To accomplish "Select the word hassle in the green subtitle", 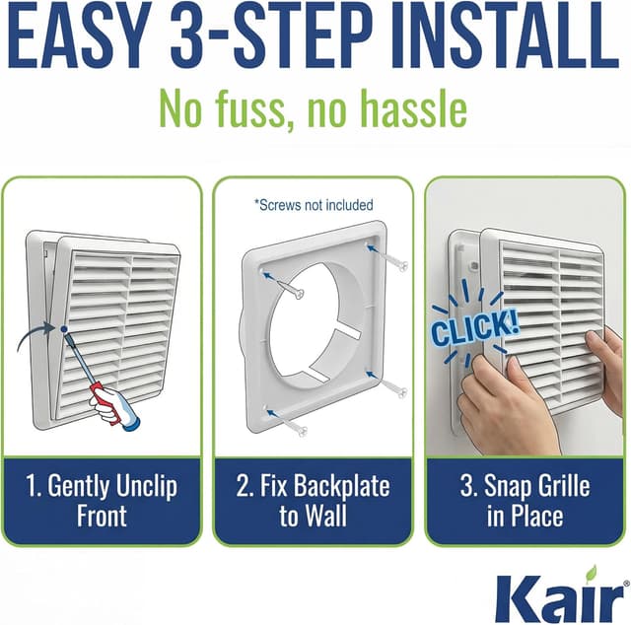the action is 413,108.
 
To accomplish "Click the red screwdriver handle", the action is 106,403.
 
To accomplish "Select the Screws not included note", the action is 314,205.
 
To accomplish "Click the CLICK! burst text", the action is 474,329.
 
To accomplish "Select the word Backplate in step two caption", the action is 341,486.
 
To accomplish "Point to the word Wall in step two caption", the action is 325,516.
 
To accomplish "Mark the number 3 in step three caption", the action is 467,485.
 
